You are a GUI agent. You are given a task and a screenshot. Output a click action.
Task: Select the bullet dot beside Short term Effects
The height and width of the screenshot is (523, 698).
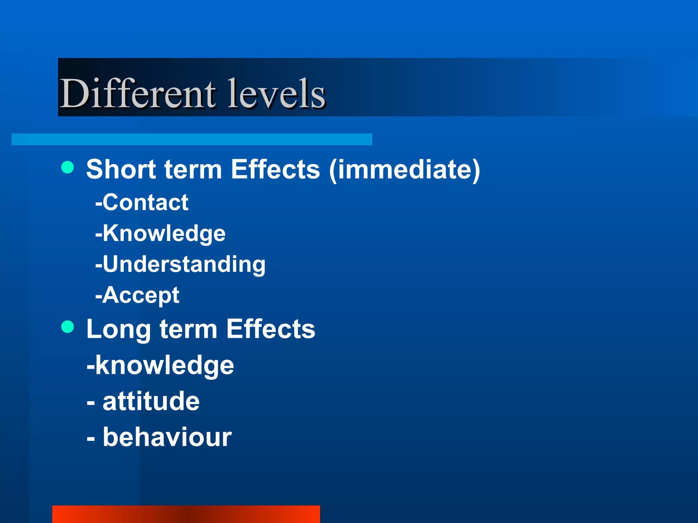67,167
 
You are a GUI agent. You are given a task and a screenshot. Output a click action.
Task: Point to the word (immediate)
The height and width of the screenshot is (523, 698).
405,170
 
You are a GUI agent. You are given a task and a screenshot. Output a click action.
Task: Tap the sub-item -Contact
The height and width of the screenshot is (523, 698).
142,202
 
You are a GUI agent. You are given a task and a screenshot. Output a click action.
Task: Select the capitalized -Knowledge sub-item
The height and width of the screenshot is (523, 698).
160,233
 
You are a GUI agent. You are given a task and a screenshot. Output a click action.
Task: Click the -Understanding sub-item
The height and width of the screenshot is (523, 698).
180,264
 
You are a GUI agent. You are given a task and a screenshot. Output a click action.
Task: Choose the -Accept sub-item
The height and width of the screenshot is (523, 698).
137,295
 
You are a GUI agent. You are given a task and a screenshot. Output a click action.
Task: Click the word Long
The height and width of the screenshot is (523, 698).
118,329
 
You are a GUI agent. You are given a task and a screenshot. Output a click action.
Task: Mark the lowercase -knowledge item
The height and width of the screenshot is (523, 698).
160,365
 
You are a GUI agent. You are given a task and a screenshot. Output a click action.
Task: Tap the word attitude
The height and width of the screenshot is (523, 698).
151,401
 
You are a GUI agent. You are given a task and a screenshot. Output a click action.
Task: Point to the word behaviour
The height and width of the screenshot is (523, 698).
167,437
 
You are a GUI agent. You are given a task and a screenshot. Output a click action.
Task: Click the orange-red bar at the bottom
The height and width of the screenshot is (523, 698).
186,514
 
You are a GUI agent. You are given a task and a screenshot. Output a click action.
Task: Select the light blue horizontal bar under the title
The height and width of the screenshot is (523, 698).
192,139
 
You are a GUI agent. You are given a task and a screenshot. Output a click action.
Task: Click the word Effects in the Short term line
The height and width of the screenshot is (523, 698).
275,169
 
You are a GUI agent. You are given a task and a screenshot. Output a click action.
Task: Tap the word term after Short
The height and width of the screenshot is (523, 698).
193,169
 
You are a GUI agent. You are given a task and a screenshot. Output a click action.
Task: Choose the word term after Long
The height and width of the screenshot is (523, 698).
188,329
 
